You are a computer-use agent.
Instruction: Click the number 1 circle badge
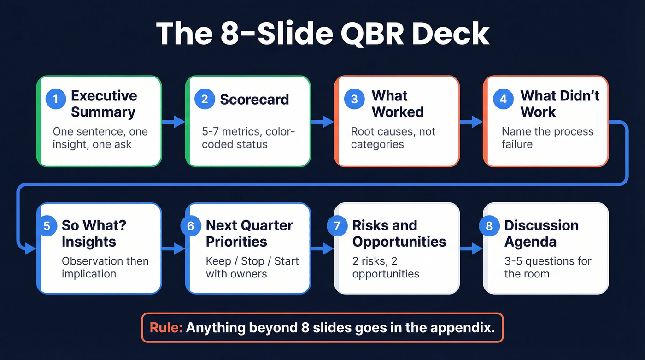pyautogui.click(x=56, y=100)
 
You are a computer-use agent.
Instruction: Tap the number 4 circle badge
pyautogui.click(x=503, y=100)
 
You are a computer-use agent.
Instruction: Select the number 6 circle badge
pyautogui.click(x=191, y=226)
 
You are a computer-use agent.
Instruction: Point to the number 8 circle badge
pyautogui.click(x=489, y=226)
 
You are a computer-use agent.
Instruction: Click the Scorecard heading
pyautogui.click(x=254, y=100)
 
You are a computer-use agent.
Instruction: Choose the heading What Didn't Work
pyautogui.click(x=559, y=104)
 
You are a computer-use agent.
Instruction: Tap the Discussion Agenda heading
pyautogui.click(x=541, y=233)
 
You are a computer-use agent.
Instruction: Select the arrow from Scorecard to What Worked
pyautogui.click(x=322, y=122)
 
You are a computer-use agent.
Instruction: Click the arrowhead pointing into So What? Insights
pyautogui.click(x=30, y=249)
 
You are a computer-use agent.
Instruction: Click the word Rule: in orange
pyautogui.click(x=166, y=328)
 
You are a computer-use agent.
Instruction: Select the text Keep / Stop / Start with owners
pyautogui.click(x=252, y=267)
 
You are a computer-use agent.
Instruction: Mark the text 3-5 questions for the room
pyautogui.click(x=547, y=267)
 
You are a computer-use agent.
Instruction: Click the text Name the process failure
pyautogui.click(x=547, y=138)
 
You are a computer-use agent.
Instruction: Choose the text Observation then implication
pyautogui.click(x=105, y=267)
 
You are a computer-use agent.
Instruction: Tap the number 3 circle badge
pyautogui.click(x=354, y=100)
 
